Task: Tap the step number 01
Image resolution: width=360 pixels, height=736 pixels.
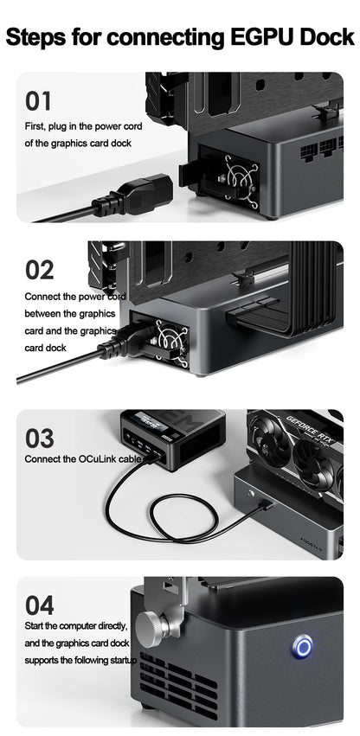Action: (x=38, y=101)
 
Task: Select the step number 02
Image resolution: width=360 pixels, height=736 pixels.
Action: (x=39, y=270)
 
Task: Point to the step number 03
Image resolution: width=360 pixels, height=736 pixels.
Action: (x=39, y=438)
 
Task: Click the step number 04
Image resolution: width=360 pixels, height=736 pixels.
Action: (x=39, y=605)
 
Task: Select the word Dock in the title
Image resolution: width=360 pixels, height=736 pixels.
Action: (x=325, y=38)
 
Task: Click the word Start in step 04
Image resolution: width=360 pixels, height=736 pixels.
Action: (x=35, y=625)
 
